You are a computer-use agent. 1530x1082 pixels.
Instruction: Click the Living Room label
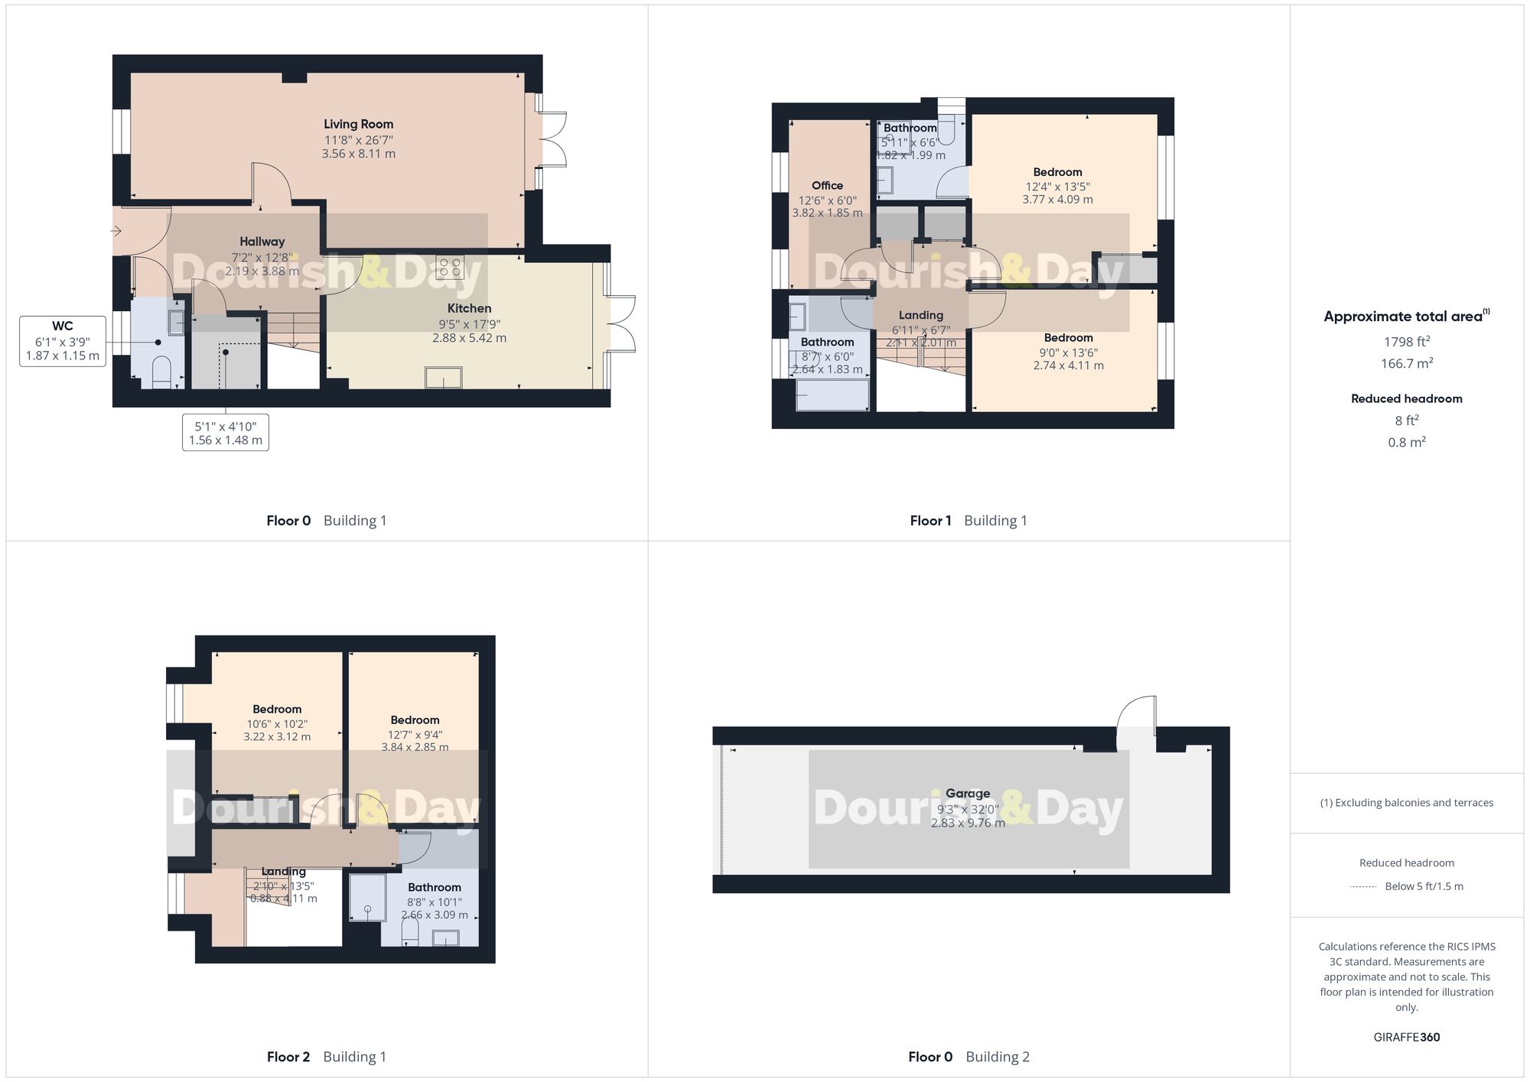[x=358, y=124]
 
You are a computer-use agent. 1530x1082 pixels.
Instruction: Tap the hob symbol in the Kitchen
[x=450, y=267]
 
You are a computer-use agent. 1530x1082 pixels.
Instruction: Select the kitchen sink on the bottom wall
[x=444, y=377]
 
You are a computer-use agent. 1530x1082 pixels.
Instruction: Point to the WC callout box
[x=63, y=341]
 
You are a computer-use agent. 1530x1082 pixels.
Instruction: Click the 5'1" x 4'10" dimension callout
[x=225, y=433]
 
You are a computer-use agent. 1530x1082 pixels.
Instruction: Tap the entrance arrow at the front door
[x=116, y=230]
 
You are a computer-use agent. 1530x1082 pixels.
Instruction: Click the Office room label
[x=827, y=186]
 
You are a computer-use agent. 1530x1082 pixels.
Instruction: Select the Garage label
[x=967, y=794]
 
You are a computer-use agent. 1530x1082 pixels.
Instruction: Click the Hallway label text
[x=262, y=242]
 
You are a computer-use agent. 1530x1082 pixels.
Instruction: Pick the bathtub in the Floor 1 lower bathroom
[x=832, y=395]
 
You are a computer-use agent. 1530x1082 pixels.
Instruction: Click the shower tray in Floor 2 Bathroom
[x=367, y=898]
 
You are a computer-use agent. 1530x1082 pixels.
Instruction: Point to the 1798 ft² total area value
[x=1406, y=342]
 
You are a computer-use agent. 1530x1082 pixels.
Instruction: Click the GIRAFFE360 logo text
[x=1406, y=1038]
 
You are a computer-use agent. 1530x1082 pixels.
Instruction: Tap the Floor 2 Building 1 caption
[x=327, y=1057]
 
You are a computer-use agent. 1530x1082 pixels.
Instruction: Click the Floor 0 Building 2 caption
[x=968, y=1057]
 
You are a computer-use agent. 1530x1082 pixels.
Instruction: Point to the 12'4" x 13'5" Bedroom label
[x=1057, y=186]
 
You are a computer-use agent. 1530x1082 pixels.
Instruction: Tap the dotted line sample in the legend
[x=1363, y=887]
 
